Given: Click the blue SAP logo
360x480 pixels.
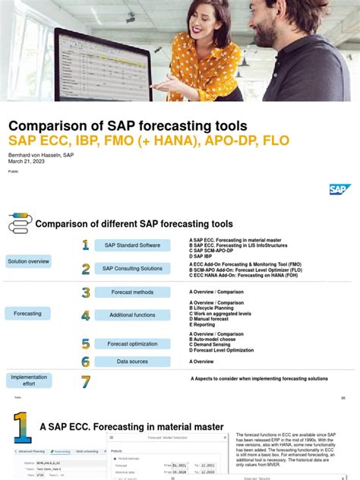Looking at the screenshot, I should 340,189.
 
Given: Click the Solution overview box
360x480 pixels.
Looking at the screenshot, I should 29,261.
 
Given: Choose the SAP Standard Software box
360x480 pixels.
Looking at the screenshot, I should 132,245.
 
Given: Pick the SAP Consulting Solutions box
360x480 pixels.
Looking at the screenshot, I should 132,268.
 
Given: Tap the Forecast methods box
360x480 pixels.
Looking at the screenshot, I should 132,292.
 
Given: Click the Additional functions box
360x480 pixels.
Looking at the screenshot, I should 132,314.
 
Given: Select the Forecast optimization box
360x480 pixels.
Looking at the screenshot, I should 132,343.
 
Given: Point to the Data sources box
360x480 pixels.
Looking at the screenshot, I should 132,362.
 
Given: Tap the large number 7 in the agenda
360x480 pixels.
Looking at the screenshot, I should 86,382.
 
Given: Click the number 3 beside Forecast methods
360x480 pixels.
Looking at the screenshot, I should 86,292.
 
